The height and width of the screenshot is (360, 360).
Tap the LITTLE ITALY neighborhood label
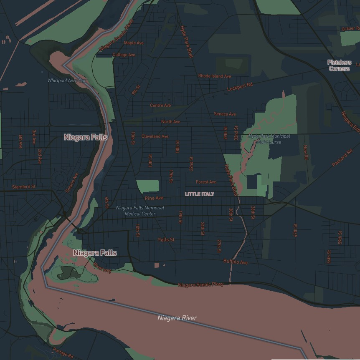199,194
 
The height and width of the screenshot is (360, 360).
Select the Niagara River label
177,318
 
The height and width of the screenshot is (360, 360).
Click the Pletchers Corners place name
339,65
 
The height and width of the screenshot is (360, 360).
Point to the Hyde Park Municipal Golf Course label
269,139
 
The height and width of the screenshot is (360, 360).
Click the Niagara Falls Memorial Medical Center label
140,211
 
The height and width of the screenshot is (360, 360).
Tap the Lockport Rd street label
240,87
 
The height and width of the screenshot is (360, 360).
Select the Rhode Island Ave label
214,76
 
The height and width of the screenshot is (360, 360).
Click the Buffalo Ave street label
236,262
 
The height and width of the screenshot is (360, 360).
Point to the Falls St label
166,240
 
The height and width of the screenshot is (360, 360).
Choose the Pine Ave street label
154,198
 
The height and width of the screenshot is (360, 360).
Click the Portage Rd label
63,352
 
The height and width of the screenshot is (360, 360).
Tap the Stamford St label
24,187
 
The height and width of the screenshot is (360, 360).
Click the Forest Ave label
206,182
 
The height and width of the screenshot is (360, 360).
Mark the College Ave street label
124,55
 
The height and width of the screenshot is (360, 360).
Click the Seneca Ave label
225,114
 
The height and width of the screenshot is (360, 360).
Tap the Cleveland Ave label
155,136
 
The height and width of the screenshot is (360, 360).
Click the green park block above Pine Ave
148,186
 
